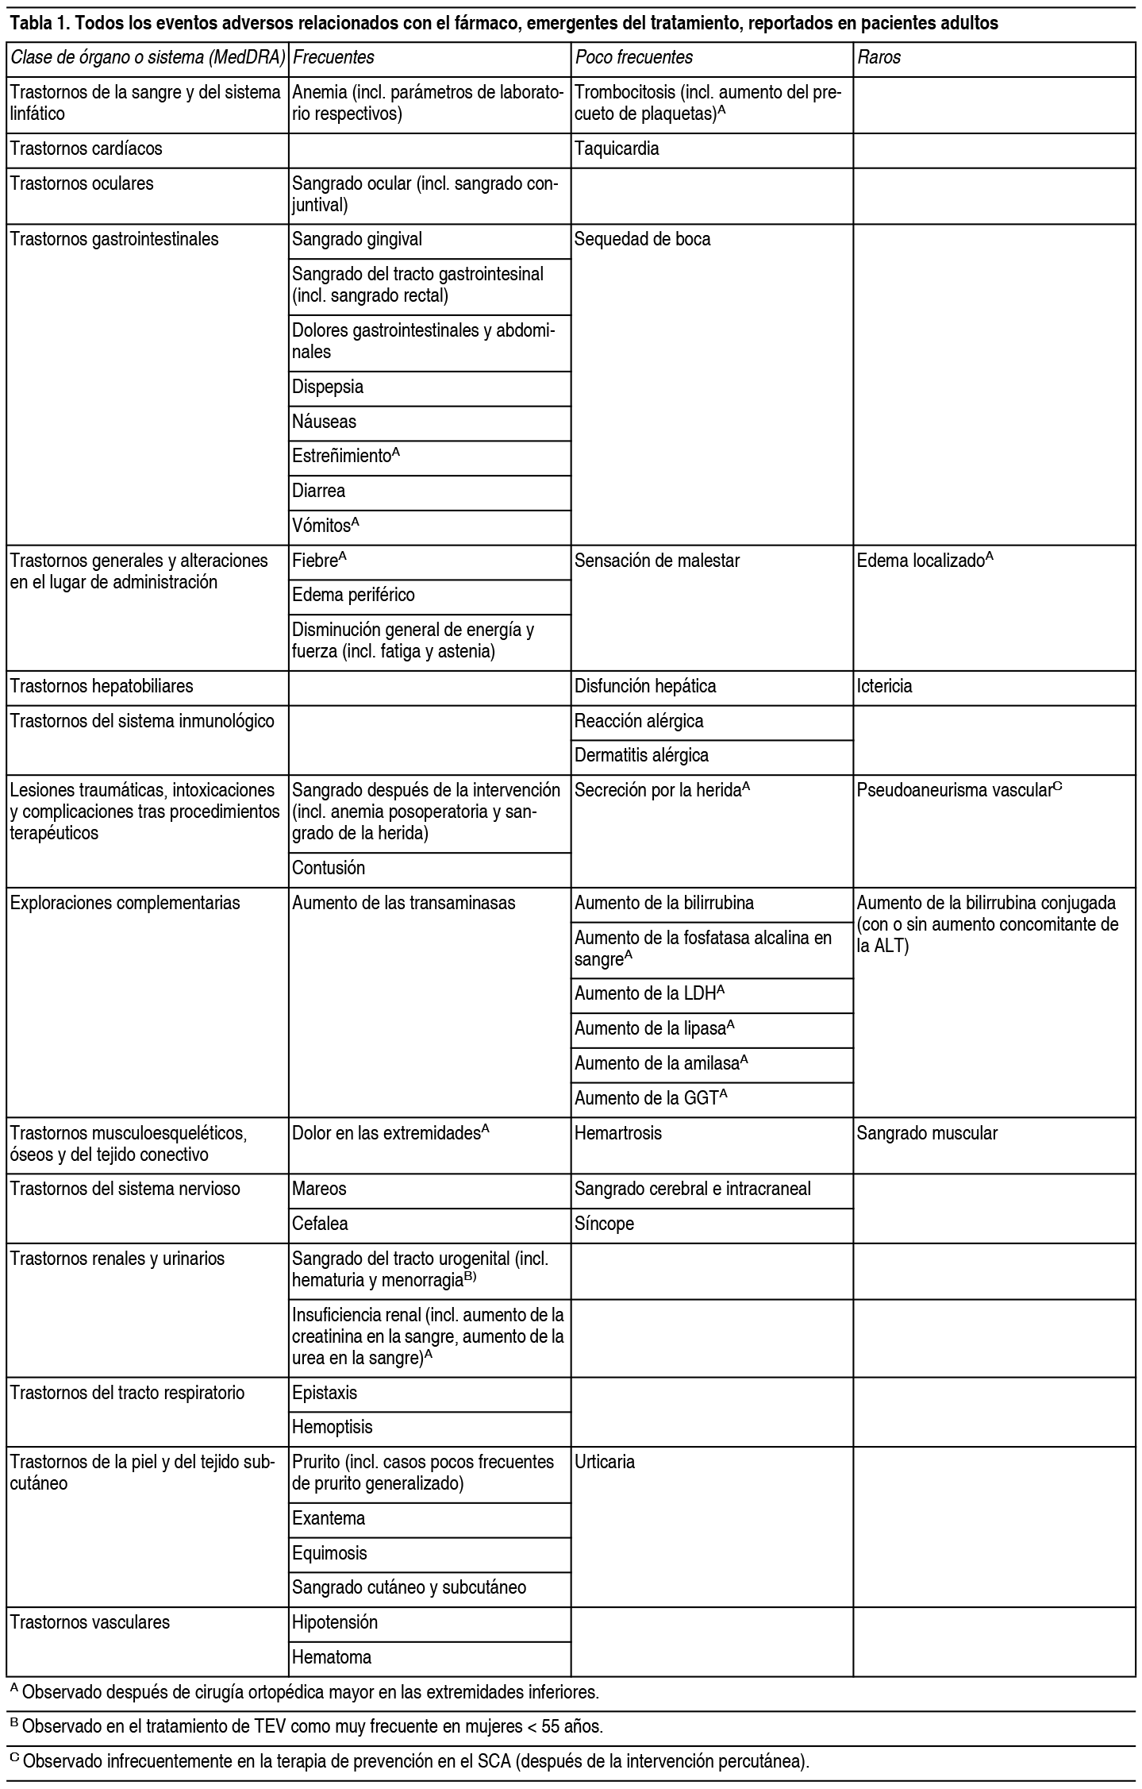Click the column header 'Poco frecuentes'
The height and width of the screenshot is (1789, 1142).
click(x=633, y=57)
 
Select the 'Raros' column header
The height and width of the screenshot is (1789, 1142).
click(x=879, y=57)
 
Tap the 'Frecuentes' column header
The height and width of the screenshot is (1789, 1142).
click(x=333, y=57)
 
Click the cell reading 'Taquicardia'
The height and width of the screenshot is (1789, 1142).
click(x=617, y=148)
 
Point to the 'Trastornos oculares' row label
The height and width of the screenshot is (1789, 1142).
click(x=82, y=183)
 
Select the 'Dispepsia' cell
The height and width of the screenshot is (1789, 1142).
click(x=328, y=387)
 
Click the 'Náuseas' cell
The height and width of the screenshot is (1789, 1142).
click(x=324, y=422)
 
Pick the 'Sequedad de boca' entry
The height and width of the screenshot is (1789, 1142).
click(x=642, y=239)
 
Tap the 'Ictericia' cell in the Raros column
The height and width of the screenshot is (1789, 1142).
click(x=884, y=686)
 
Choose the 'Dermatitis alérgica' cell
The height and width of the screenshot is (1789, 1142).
click(x=641, y=755)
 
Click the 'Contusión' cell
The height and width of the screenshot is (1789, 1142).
click(x=329, y=868)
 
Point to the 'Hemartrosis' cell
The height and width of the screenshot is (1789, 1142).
click(x=617, y=1133)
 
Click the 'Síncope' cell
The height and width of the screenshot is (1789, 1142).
click(x=604, y=1224)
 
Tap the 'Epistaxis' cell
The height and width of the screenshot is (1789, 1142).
click(x=325, y=1393)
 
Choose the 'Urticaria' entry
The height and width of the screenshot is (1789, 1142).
click(x=605, y=1462)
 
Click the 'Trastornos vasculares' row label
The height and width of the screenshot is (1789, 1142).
click(x=90, y=1622)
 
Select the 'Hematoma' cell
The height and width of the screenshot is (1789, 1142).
click(x=332, y=1657)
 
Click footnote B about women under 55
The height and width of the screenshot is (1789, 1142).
click(x=306, y=1726)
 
